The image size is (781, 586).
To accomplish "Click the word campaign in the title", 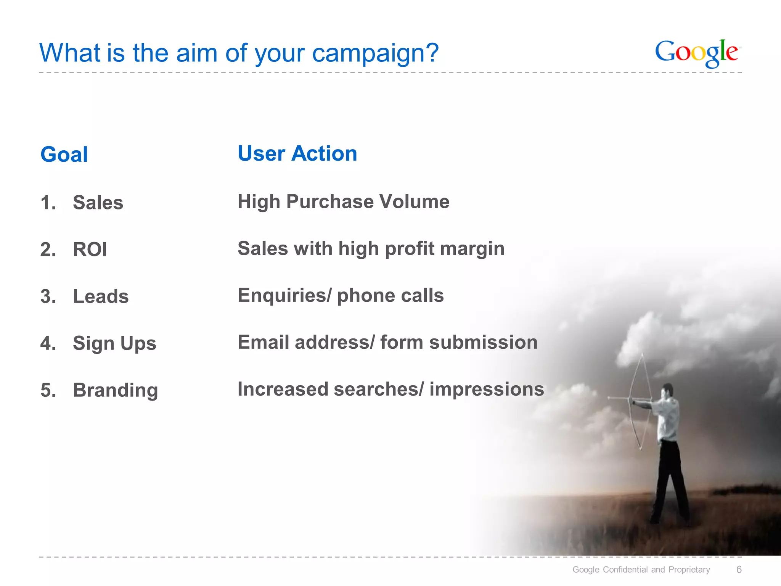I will (x=376, y=53).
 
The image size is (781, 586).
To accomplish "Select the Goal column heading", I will (x=64, y=155).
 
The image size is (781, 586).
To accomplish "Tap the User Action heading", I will (x=297, y=153).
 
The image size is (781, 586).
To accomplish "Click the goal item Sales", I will (x=98, y=203).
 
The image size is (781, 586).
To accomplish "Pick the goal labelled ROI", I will (x=90, y=250).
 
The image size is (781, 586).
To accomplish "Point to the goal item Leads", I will (x=101, y=296).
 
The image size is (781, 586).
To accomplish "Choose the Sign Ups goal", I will (x=114, y=343).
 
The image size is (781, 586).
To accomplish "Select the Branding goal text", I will (x=115, y=390).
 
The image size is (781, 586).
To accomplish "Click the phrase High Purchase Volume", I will (x=343, y=201).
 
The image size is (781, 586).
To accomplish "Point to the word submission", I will (x=483, y=342).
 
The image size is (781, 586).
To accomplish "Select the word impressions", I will (x=487, y=389).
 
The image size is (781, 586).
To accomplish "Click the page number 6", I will (x=739, y=570).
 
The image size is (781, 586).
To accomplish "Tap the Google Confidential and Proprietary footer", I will (x=641, y=570).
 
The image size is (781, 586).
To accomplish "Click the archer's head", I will (x=667, y=391).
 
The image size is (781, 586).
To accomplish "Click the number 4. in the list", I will (x=48, y=343).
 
